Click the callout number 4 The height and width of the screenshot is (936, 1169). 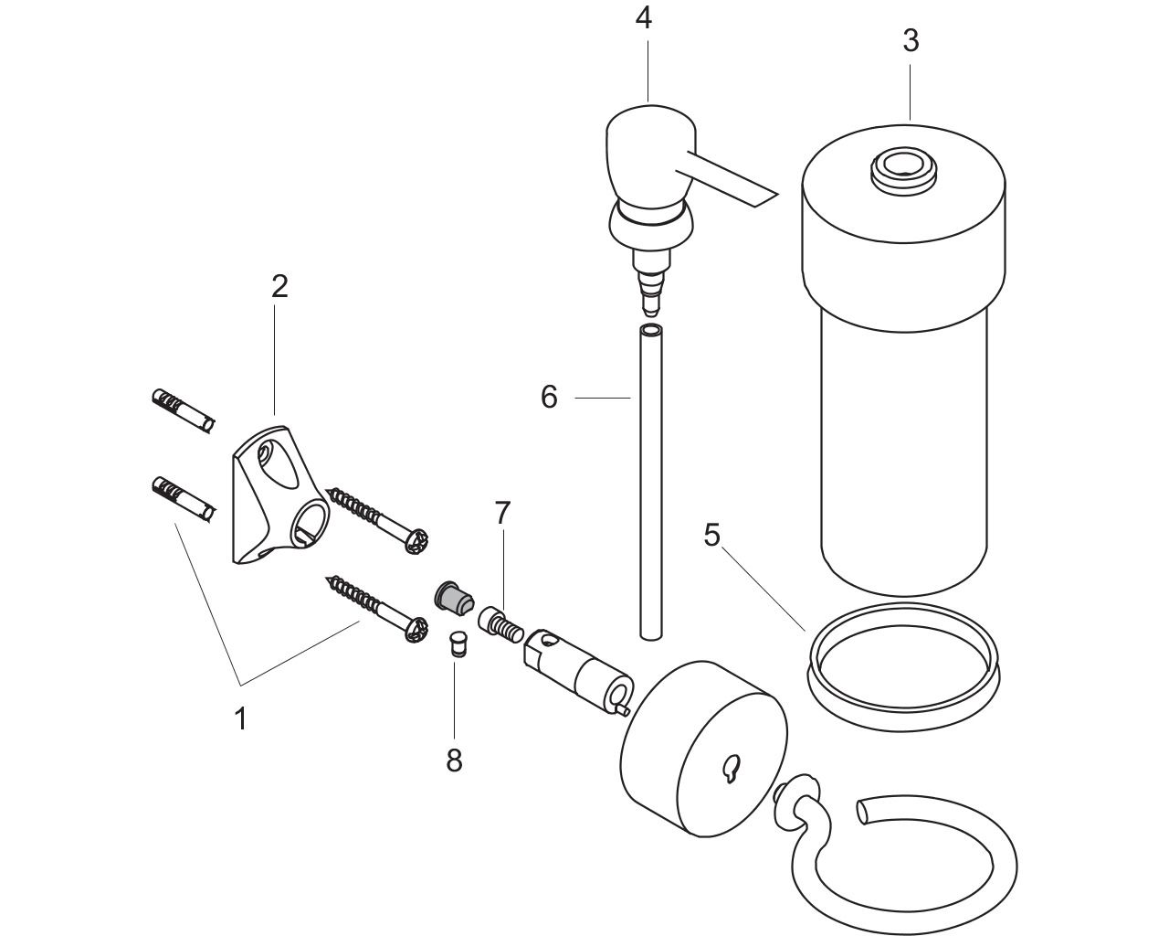click(x=643, y=19)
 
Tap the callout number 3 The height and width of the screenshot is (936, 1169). click(x=911, y=41)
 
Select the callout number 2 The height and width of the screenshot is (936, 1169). click(x=279, y=286)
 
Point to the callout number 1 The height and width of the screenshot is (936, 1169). click(x=241, y=719)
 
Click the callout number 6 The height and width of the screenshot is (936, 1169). click(x=549, y=397)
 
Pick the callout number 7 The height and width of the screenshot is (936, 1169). click(x=502, y=513)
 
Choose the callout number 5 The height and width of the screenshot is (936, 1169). click(x=711, y=535)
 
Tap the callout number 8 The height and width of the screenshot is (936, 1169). click(x=454, y=760)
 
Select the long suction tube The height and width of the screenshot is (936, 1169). click(x=652, y=482)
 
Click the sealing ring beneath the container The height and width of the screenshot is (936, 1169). click(x=903, y=666)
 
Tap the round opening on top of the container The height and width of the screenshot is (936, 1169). click(x=903, y=172)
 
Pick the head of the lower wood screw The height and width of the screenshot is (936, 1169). click(x=416, y=629)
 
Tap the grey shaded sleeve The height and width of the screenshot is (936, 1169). click(x=454, y=598)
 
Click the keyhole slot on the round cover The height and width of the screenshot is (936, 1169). click(x=731, y=769)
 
